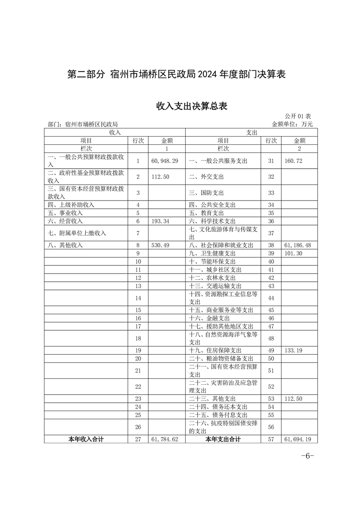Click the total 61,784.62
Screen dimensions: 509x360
[163, 439]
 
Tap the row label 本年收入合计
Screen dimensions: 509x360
[86, 439]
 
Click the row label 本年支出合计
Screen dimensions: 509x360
[223, 439]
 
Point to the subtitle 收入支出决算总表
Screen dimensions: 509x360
[192, 106]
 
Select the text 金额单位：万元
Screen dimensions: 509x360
[292, 124]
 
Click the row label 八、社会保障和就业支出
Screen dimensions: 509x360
[221, 245]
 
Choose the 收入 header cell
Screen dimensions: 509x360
[114, 132]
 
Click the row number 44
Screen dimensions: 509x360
[271, 298]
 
